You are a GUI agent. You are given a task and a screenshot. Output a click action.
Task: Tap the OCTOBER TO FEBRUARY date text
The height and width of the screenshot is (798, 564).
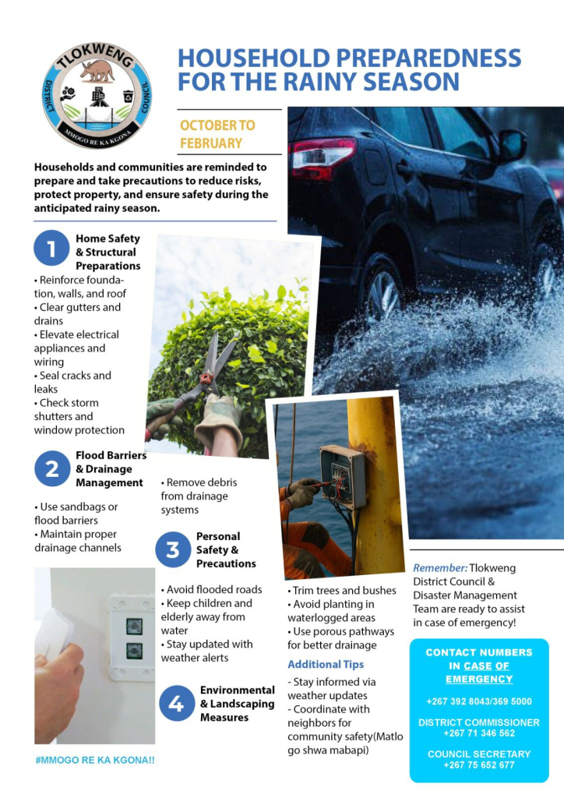217,134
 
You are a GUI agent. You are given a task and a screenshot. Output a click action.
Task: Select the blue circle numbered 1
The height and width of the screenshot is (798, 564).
52,249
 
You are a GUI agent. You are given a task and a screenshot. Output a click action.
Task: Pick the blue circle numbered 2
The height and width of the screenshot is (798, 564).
52,468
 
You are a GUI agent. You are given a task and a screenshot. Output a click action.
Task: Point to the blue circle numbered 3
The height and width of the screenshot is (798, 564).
173,549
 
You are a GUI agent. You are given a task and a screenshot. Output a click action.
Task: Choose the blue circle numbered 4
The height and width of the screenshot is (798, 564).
177,704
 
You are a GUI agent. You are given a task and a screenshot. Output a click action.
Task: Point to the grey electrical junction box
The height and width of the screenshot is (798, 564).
343,475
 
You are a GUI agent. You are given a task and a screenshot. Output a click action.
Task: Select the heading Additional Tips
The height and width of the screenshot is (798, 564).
326,665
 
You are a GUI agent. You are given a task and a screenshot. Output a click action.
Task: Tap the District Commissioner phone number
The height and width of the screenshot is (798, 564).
479,733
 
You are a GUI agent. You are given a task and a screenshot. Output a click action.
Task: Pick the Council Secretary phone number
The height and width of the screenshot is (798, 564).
479,764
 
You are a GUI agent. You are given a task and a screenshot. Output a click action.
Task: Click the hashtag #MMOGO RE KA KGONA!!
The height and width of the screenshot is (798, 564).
95,758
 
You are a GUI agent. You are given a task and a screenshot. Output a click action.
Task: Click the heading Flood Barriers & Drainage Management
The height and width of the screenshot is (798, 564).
110,468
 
